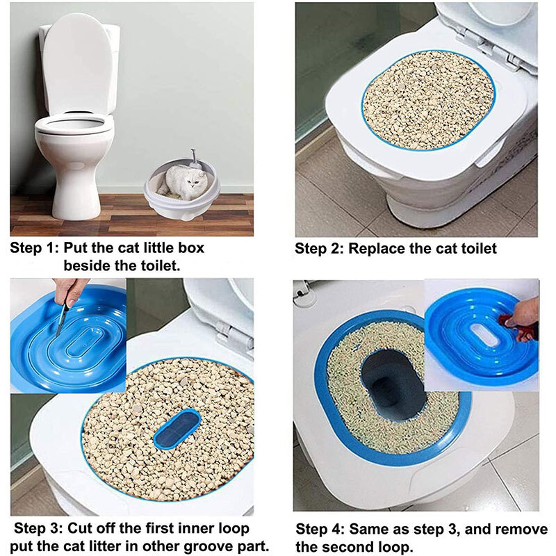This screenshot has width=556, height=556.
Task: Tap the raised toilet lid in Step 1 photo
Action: (x=77, y=64)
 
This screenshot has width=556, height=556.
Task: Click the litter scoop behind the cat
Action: (x=195, y=159)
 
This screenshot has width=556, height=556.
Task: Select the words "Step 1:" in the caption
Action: (x=34, y=247)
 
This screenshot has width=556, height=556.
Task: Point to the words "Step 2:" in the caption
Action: (x=319, y=248)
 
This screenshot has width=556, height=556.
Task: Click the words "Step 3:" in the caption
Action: (x=38, y=528)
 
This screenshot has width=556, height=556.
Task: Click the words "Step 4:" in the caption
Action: (x=320, y=529)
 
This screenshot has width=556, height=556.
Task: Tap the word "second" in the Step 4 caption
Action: (x=347, y=546)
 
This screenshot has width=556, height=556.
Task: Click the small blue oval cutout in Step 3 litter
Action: (x=177, y=428)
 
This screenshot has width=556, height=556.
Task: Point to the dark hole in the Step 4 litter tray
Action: (x=393, y=382)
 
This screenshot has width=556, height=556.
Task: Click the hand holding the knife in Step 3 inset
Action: (x=71, y=291)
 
